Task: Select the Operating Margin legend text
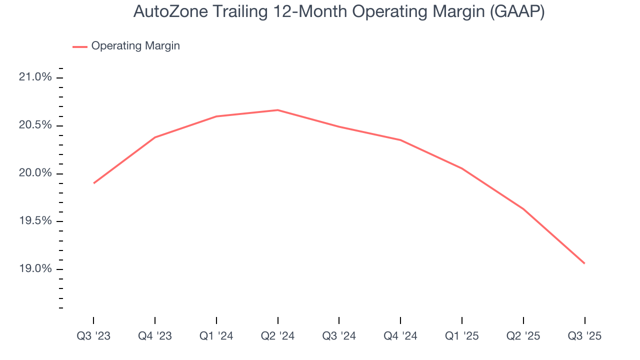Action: [x=135, y=46]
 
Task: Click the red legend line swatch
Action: [x=80, y=46]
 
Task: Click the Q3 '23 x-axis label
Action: [x=93, y=336]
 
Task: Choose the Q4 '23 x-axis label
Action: [x=155, y=336]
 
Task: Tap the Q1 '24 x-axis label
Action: [x=216, y=336]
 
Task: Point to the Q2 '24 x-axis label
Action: [x=278, y=336]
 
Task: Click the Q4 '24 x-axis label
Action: [x=400, y=336]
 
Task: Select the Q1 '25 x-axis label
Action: [x=462, y=336]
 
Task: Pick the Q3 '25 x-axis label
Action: [x=584, y=336]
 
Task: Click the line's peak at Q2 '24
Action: [x=278, y=110]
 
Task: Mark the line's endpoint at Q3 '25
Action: [x=584, y=263]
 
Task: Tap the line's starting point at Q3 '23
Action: [x=93, y=183]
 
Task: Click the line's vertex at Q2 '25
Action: [x=523, y=208]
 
